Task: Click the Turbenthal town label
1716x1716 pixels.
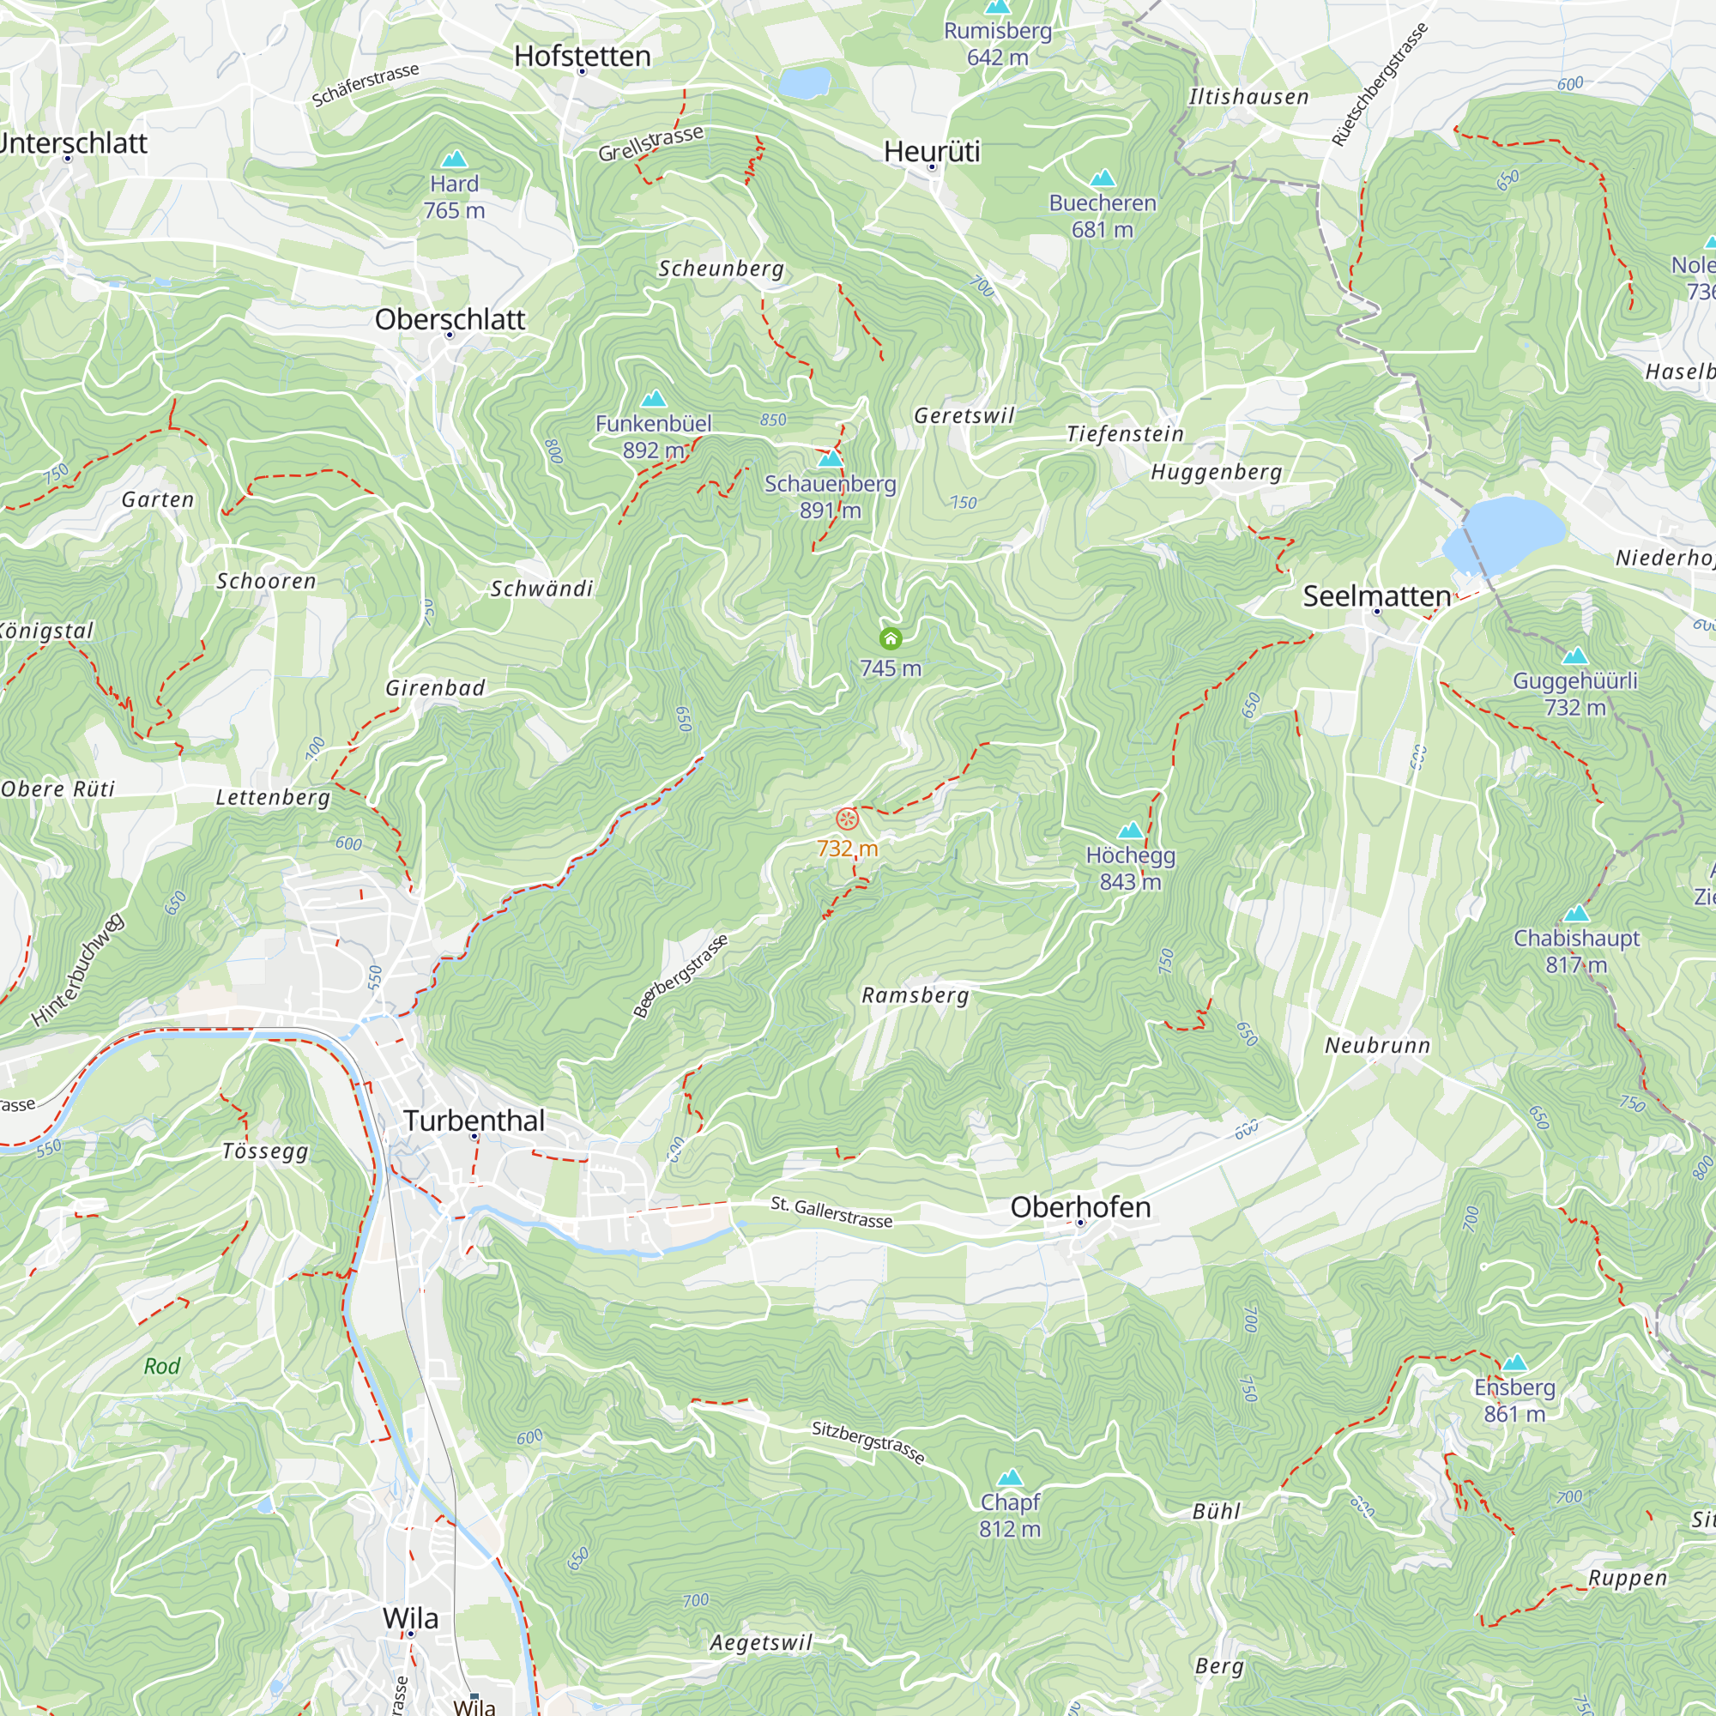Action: tap(474, 1121)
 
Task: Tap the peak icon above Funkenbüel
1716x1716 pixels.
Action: tap(654, 398)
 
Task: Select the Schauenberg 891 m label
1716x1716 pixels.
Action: tap(831, 497)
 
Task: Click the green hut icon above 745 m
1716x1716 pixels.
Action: tap(890, 638)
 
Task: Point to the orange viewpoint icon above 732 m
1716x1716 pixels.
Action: tap(848, 819)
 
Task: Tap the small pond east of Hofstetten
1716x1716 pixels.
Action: tap(805, 83)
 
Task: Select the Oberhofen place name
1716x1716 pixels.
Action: tap(1080, 1207)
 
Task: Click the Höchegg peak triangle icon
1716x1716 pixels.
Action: tap(1130, 831)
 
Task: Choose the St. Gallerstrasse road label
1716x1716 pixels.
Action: tap(831, 1212)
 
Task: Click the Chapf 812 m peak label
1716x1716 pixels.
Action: tap(1010, 1514)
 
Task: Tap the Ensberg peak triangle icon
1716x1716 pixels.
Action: tap(1514, 1363)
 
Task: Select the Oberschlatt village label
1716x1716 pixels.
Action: tap(450, 320)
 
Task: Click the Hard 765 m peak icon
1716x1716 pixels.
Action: tap(454, 159)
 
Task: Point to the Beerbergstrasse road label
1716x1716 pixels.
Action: tap(680, 976)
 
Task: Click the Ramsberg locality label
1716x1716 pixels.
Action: tap(915, 995)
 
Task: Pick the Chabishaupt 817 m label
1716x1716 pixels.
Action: tap(1575, 951)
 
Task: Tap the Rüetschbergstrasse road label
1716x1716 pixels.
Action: tap(1380, 84)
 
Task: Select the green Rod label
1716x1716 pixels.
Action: tap(161, 1366)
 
